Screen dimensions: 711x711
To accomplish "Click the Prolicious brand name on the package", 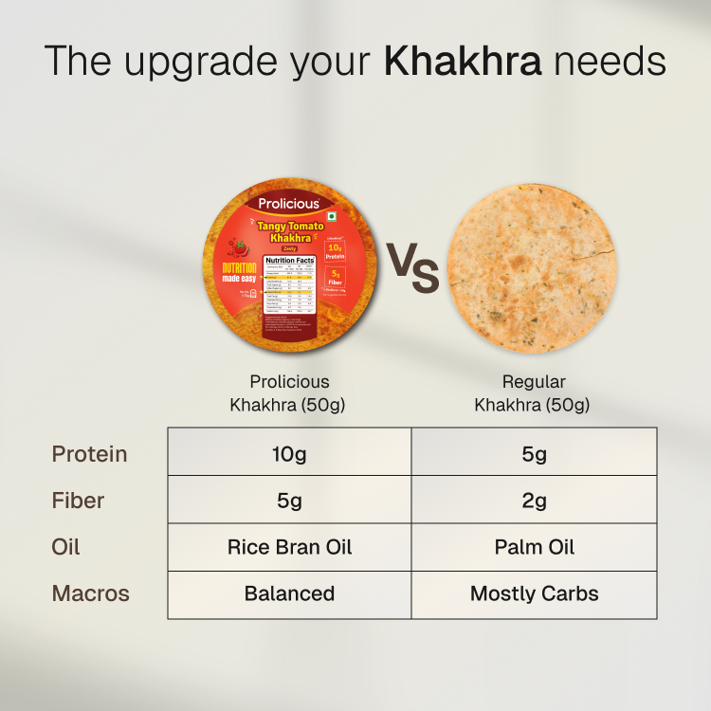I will (289, 203).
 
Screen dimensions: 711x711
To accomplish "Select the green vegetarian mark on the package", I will (333, 228).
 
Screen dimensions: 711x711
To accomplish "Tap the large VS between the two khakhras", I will (411, 267).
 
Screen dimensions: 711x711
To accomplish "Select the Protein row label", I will (89, 453).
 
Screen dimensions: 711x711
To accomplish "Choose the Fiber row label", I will (78, 501).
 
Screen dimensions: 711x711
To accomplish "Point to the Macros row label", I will (90, 594).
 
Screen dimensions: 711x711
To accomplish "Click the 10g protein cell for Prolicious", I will (289, 453).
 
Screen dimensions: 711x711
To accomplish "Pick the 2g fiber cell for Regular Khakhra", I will (535, 501).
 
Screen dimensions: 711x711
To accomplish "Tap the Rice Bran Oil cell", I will (289, 547).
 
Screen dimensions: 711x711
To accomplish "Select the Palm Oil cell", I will (535, 547).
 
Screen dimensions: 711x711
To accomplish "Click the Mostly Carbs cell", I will (535, 594).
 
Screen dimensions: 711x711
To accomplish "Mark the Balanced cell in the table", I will (289, 594).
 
